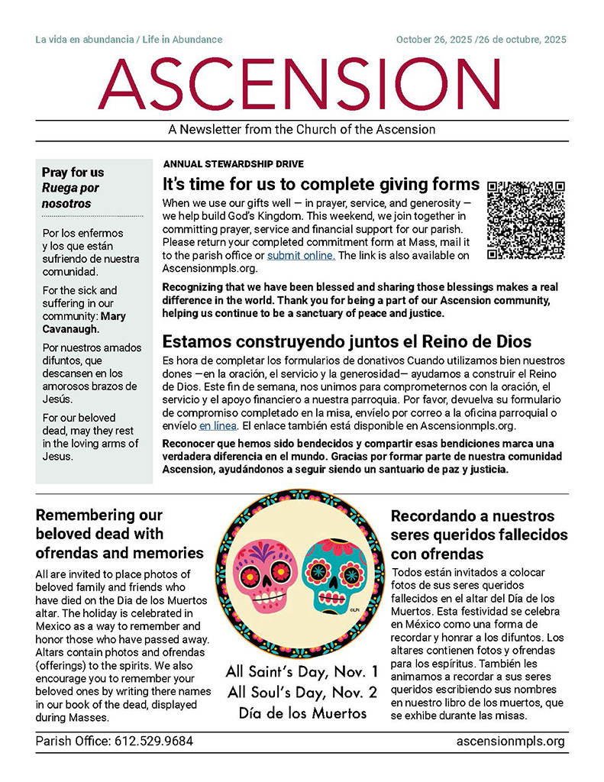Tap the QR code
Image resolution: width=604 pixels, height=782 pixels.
(x=526, y=219)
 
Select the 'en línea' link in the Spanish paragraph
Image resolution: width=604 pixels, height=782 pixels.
(x=218, y=425)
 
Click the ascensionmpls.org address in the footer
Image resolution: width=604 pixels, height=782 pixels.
(x=510, y=741)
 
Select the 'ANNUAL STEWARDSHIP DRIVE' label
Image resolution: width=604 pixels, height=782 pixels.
(x=233, y=164)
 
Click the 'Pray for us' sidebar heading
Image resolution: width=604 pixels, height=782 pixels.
(x=73, y=173)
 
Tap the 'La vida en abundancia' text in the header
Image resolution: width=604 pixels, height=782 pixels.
(x=82, y=40)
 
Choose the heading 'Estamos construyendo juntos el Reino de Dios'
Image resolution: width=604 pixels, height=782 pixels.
(x=347, y=341)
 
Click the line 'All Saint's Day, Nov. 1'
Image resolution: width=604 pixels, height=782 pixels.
(x=302, y=673)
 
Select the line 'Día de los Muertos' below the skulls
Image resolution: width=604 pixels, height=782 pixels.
(x=302, y=713)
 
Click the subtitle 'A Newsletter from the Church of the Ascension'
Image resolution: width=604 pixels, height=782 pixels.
(x=302, y=129)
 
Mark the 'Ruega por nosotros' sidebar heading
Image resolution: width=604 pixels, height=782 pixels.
(x=70, y=195)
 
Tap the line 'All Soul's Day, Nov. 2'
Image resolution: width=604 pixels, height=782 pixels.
(x=302, y=693)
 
